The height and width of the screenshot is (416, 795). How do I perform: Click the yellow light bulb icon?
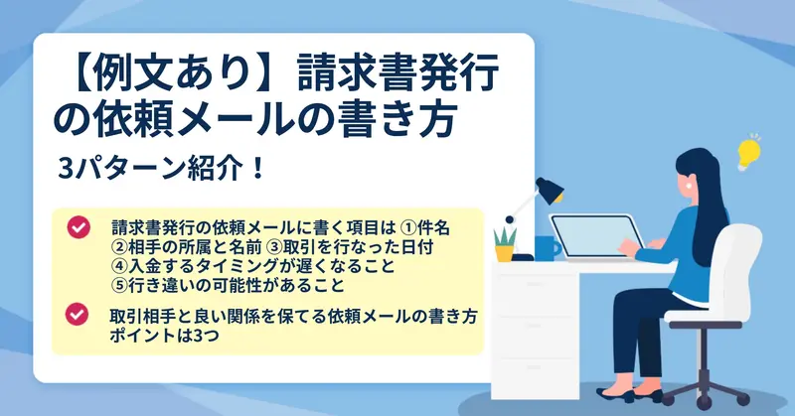click(x=748, y=153)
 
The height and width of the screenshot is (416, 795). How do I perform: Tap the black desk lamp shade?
click(x=550, y=190)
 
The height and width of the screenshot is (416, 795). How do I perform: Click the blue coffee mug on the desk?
click(x=547, y=248)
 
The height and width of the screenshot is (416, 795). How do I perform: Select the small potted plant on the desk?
click(x=505, y=244)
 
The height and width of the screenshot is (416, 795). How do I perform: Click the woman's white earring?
click(x=689, y=185)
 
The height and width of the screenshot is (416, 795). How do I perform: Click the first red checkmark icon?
click(x=79, y=227)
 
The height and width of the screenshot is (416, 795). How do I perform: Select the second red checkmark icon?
click(x=78, y=314)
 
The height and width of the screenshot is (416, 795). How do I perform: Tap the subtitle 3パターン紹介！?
click(x=162, y=169)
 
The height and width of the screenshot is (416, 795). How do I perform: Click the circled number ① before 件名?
click(x=407, y=228)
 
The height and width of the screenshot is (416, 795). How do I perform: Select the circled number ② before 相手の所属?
click(x=118, y=247)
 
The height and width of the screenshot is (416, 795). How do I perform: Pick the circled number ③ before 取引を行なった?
click(x=274, y=247)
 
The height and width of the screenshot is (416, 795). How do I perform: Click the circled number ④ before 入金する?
click(x=118, y=266)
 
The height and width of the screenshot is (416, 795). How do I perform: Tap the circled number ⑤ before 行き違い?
click(x=118, y=285)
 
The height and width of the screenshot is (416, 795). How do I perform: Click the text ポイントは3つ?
click(x=164, y=336)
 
